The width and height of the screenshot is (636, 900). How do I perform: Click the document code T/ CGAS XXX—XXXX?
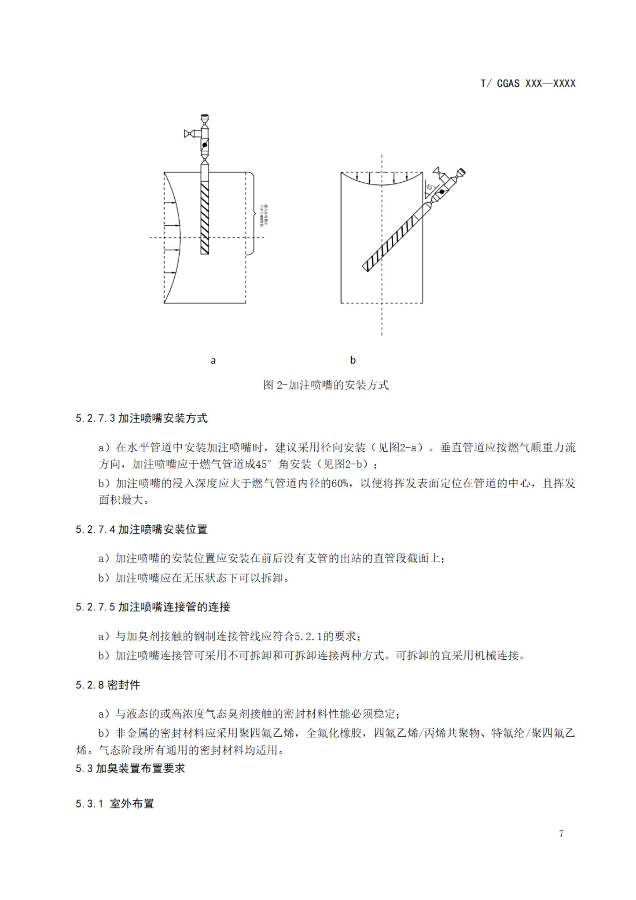click(x=528, y=84)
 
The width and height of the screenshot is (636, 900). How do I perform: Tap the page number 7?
click(x=561, y=834)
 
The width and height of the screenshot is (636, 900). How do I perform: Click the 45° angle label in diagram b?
click(x=431, y=188)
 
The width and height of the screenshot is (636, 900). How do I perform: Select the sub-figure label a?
click(x=213, y=360)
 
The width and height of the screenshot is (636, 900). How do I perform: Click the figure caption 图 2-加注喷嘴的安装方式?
click(x=326, y=385)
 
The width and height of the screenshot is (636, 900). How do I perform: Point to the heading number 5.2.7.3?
click(x=95, y=419)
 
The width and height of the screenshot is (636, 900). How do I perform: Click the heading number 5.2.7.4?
click(x=95, y=530)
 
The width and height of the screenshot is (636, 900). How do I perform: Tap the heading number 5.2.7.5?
click(x=95, y=607)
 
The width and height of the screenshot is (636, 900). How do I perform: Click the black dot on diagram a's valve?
click(x=205, y=145)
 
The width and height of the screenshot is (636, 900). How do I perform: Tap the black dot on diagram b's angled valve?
click(x=442, y=192)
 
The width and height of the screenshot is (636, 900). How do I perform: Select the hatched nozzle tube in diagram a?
click(x=204, y=218)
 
